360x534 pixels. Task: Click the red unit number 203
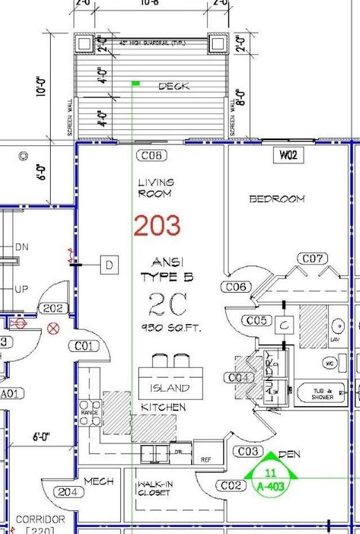157,226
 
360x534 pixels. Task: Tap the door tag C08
151,156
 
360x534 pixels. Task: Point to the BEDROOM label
277,199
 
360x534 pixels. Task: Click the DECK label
174,87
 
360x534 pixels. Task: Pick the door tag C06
236,287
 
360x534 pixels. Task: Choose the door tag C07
312,258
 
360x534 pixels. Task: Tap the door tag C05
256,320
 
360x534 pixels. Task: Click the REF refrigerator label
206,460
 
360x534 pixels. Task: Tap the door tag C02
231,485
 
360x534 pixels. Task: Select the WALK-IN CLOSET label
154,488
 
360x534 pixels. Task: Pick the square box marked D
110,264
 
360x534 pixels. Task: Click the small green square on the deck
136,84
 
